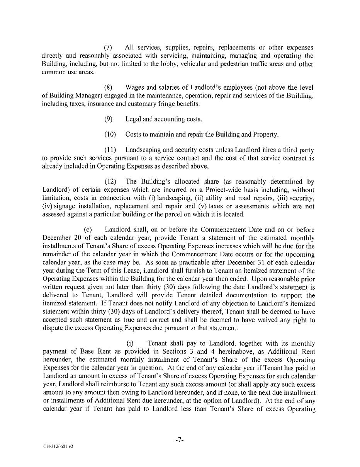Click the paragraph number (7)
(x=108, y=48)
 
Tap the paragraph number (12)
(x=110, y=181)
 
